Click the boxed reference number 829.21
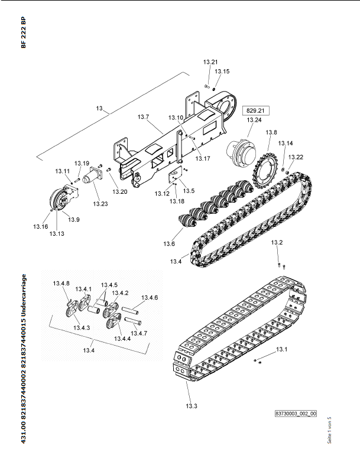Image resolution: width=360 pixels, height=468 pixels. click(x=255, y=110)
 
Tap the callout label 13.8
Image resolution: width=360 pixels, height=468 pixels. click(x=271, y=132)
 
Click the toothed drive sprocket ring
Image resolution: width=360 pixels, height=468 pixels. click(x=265, y=171)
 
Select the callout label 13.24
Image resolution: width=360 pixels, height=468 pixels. click(x=254, y=120)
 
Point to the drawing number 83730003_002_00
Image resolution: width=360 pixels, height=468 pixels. click(x=296, y=414)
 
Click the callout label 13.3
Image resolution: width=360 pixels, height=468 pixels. click(x=192, y=406)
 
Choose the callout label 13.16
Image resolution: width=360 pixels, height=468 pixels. click(x=40, y=226)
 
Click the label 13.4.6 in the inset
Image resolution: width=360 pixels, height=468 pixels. click(x=150, y=298)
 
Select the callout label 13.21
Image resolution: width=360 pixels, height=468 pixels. click(x=210, y=62)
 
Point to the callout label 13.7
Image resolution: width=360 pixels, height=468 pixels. click(x=143, y=116)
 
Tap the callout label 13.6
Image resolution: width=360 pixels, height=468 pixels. click(x=169, y=244)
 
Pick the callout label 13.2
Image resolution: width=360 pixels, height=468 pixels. click(x=277, y=242)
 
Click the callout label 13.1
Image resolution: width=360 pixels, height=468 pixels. click(x=281, y=349)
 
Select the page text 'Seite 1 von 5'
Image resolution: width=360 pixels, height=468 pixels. click(x=329, y=430)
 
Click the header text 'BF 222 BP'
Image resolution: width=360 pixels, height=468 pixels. click(x=24, y=32)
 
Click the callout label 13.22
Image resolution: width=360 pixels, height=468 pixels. click(x=296, y=157)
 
